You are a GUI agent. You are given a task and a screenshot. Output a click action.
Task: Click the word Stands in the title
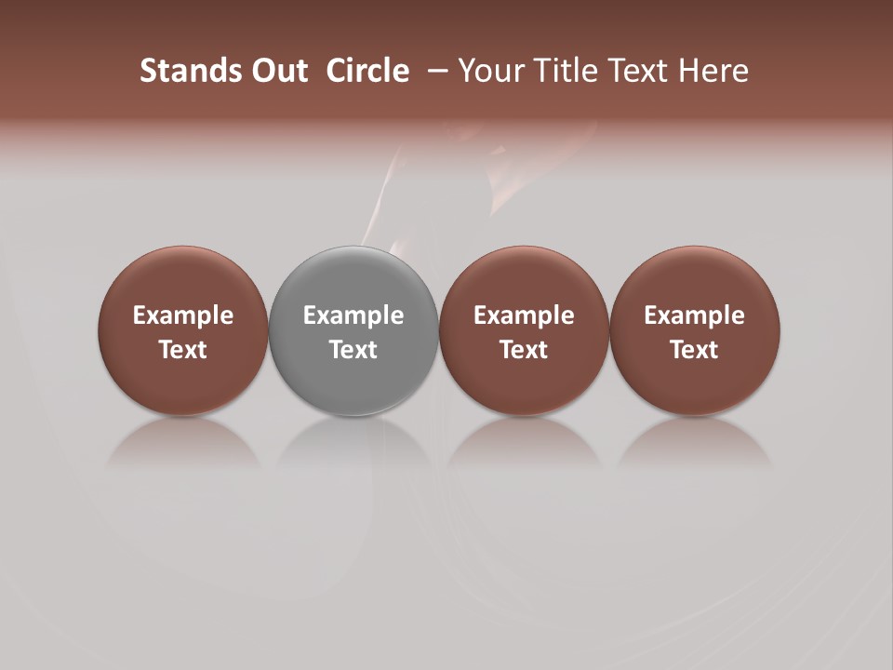coord(179,71)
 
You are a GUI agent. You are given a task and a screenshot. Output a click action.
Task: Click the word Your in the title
coord(489,71)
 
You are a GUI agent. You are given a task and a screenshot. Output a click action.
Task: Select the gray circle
coord(353,279)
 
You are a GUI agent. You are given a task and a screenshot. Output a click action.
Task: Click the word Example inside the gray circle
coord(353,315)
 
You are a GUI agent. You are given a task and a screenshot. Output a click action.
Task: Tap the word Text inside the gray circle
coord(353,350)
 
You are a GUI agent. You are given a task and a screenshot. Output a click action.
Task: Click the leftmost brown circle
coord(183,279)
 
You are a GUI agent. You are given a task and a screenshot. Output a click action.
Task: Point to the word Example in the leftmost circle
coord(183,315)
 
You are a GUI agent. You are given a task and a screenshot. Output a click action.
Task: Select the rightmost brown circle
coord(695,279)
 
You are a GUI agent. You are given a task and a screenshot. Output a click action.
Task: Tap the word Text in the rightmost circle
coord(695,350)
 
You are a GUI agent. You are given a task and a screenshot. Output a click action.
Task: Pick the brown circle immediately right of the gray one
coord(524,279)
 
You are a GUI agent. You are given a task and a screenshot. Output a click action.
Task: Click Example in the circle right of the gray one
coord(524,315)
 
